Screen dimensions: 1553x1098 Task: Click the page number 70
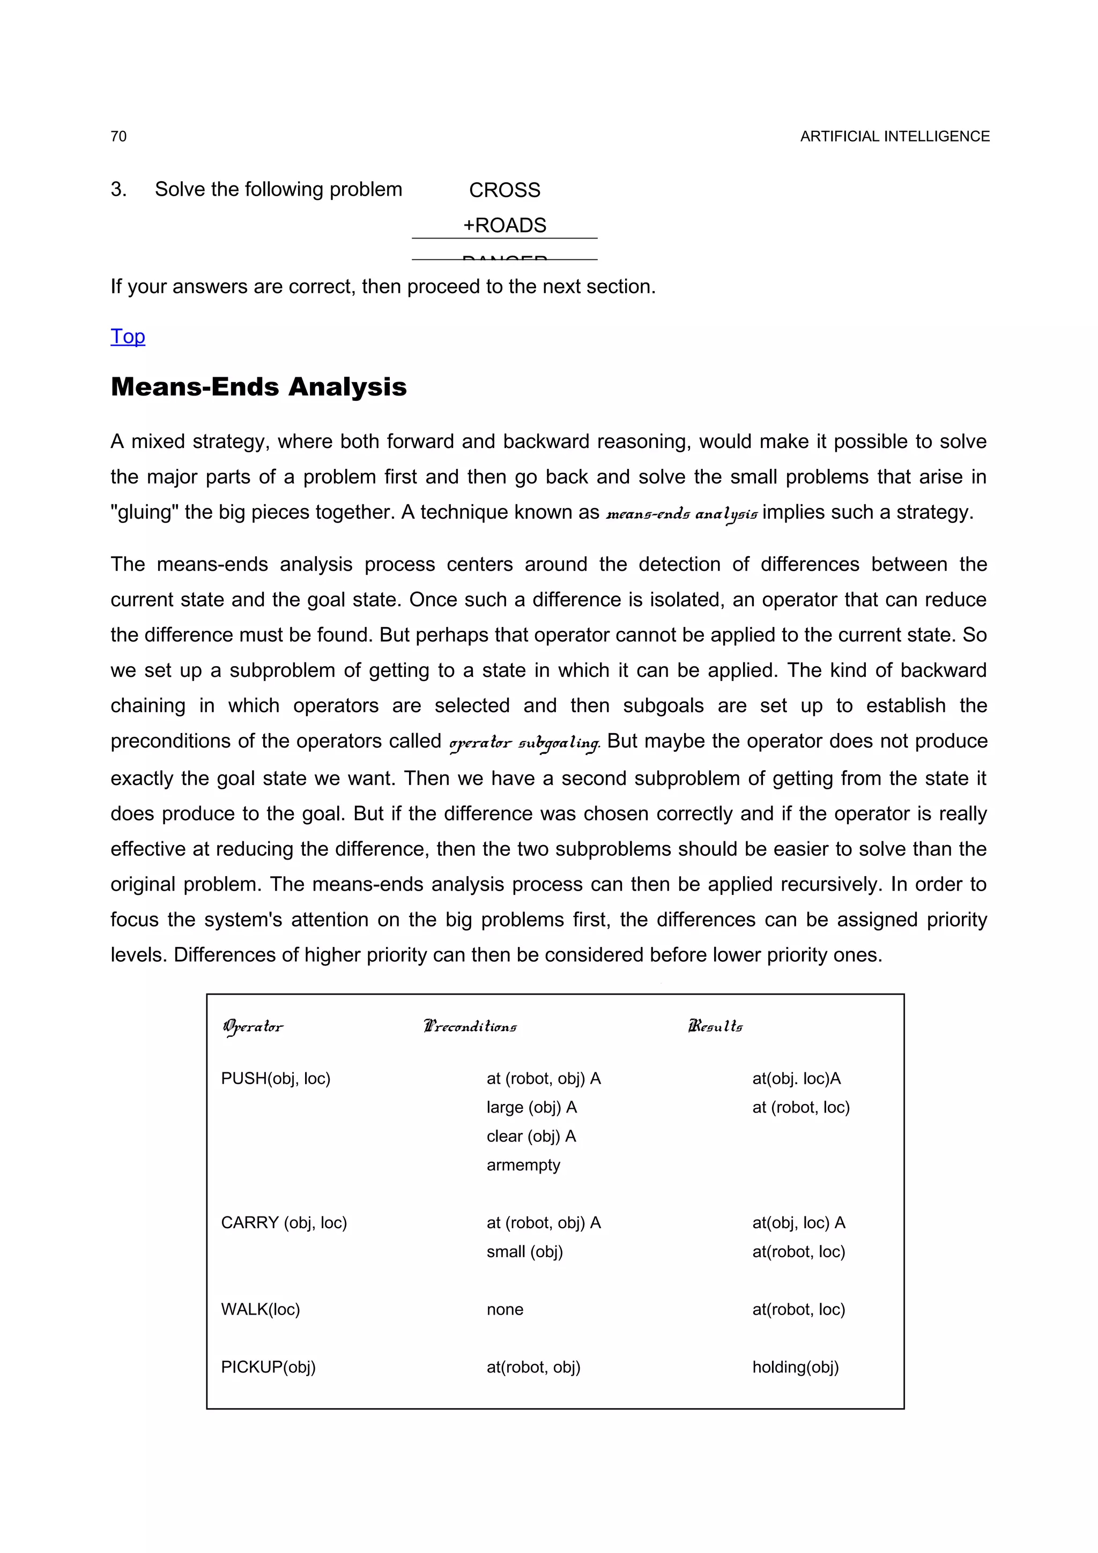(x=118, y=137)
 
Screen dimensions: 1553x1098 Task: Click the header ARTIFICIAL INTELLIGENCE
(x=894, y=137)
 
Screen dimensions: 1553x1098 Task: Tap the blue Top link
(x=128, y=336)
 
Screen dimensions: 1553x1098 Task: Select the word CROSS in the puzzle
(x=505, y=190)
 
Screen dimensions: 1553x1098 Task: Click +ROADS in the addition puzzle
(x=505, y=225)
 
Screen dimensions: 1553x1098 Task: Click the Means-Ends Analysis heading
(x=258, y=387)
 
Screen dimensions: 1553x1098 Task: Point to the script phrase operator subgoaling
(x=525, y=743)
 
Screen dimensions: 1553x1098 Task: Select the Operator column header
(x=253, y=1027)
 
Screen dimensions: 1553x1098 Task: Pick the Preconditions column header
(x=470, y=1027)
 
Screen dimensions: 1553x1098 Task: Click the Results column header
(x=715, y=1027)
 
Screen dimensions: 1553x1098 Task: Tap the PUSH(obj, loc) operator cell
(x=276, y=1078)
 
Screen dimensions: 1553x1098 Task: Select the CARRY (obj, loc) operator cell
(x=284, y=1222)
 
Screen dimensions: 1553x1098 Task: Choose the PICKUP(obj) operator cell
(x=268, y=1367)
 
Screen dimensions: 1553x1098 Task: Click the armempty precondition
(x=523, y=1165)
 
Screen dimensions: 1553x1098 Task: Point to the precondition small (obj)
(x=524, y=1251)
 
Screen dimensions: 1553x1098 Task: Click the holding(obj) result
(x=795, y=1367)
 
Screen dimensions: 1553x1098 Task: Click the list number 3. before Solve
(x=118, y=189)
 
